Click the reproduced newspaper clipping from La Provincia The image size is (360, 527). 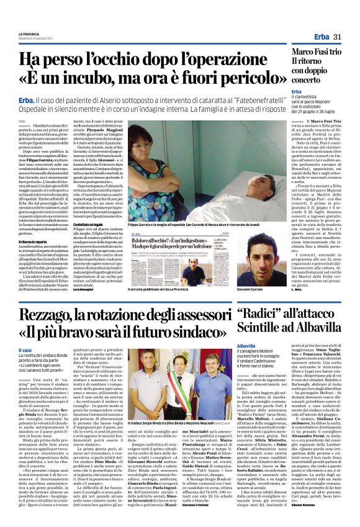pos(179,255)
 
